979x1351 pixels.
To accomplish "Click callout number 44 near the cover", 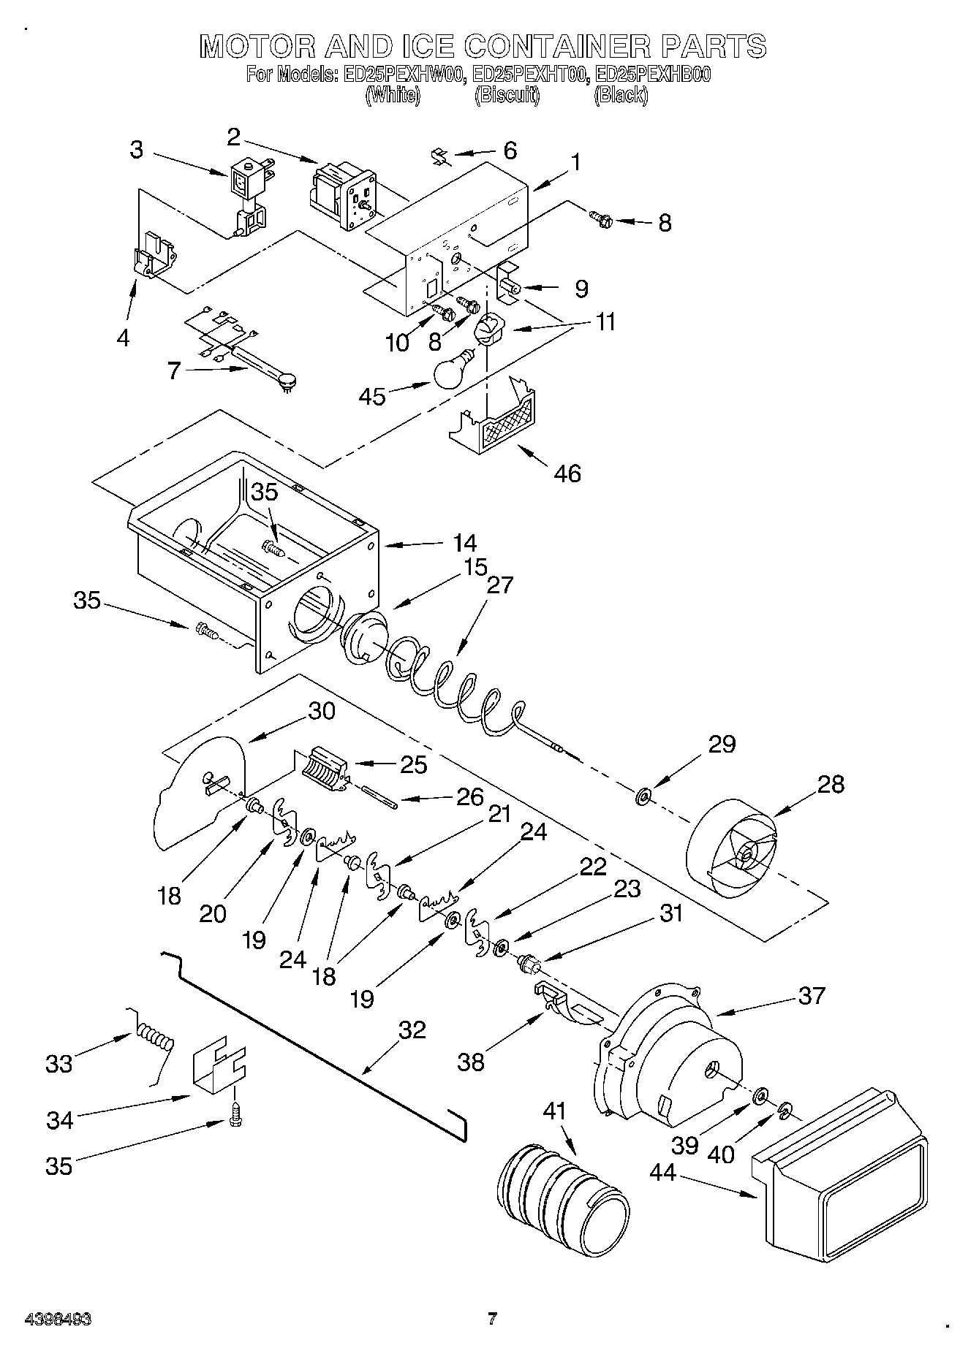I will pos(664,1172).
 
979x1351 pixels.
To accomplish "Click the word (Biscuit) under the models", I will pos(507,95).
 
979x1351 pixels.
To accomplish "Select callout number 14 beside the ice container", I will pos(464,543).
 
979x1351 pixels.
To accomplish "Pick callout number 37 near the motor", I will pos(812,995).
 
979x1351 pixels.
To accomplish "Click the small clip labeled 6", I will pos(441,156).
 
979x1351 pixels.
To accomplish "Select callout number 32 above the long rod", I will pos(412,1030).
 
